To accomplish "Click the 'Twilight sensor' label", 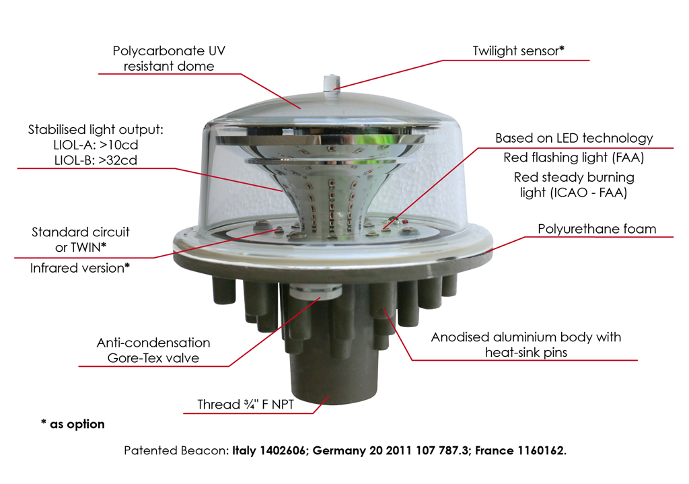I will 518,50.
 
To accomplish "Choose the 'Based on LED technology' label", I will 574,138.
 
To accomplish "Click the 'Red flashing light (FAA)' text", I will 574,158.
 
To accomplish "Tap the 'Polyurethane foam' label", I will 597,229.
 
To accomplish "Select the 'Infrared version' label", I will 79,268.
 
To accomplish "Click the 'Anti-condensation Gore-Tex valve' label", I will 153,351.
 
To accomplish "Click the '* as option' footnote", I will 73,424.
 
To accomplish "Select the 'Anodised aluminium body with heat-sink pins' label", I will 525,344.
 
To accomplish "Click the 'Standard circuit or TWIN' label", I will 80,239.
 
